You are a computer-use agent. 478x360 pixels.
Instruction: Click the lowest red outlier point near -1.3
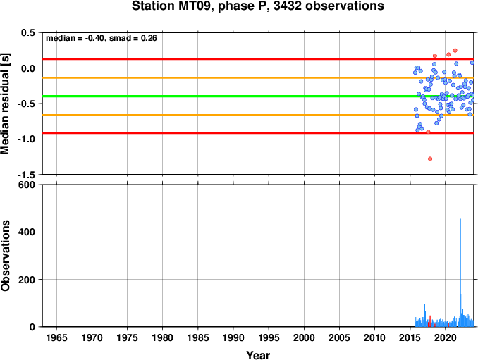430,159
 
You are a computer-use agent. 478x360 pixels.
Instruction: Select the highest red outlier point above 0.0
455,51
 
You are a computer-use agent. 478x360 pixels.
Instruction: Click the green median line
258,97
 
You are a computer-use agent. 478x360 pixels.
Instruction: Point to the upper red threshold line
258,59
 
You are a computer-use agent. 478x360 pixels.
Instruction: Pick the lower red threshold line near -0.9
258,133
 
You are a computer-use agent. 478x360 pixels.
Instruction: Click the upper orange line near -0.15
258,78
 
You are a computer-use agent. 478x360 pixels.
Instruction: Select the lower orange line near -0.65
258,115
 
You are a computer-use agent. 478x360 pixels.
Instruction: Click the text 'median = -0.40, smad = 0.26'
102,38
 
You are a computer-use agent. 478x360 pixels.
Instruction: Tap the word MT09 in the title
195,6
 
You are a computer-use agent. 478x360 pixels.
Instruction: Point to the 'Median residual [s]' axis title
5,104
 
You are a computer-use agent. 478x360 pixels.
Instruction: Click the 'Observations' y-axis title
5,256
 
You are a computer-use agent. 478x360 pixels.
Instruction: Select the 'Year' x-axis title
258,355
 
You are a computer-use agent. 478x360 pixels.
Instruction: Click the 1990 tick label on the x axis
233,337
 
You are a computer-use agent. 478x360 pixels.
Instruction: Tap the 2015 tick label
410,337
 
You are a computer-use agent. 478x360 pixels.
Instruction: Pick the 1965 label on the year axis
56,337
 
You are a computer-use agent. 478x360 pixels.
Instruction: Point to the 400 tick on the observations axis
27,232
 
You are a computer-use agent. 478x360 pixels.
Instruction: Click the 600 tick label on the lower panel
27,185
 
